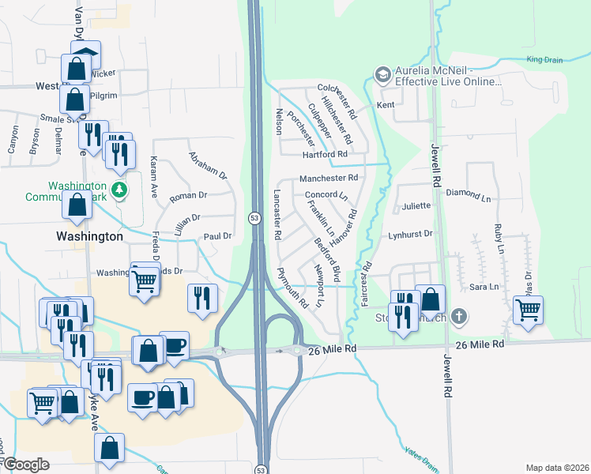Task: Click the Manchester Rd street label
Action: point(329,179)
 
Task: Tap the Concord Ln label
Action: point(326,194)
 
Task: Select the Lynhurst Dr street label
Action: point(411,235)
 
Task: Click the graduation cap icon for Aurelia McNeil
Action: point(383,74)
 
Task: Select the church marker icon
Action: point(457,318)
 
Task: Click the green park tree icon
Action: point(119,190)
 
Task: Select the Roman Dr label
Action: point(188,195)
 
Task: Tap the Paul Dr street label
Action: point(217,235)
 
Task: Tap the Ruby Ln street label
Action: point(499,238)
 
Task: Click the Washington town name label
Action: point(89,236)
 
